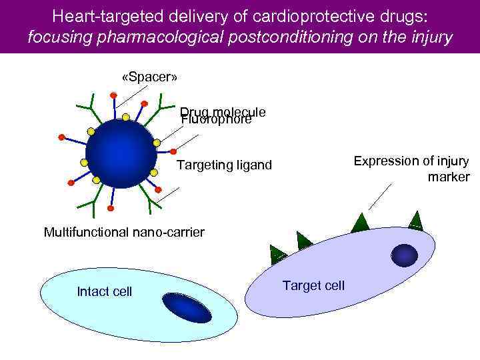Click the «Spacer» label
point(149,77)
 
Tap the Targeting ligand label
point(224,165)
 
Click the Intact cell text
point(105,291)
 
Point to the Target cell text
point(313,285)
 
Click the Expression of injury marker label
point(411,169)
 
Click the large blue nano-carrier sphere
point(121,153)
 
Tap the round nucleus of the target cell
point(404,255)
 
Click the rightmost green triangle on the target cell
point(416,219)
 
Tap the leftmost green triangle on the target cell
point(278,252)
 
